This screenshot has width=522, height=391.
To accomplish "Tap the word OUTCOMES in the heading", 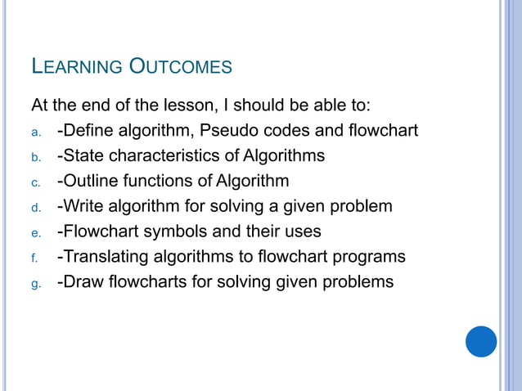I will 182,66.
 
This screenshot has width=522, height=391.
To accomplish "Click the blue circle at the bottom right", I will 481,341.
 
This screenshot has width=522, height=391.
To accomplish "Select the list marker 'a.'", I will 35,132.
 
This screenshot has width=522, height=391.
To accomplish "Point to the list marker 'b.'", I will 35,157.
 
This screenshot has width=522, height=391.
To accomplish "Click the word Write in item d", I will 83,206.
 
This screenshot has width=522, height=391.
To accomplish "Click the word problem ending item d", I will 361,206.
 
